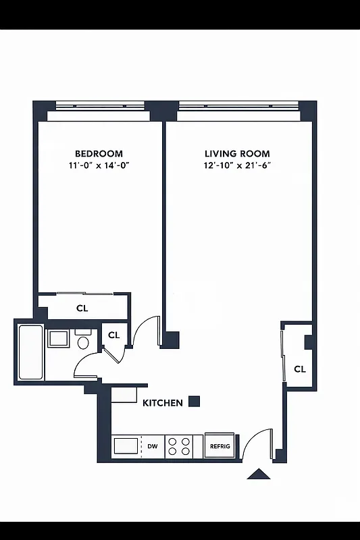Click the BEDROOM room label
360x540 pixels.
(99, 154)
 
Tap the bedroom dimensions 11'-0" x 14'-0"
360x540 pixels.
(99, 165)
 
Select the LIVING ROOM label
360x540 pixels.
(237, 154)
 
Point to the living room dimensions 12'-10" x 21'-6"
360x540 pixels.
(237, 165)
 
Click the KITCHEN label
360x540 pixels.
(162, 403)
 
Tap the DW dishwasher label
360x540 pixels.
(153, 446)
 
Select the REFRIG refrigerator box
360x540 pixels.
(220, 446)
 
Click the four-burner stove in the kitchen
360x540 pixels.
(179, 446)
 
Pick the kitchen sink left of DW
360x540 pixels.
(126, 446)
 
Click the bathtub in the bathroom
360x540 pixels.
(30, 352)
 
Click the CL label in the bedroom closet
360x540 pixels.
(82, 308)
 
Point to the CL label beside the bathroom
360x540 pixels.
(114, 335)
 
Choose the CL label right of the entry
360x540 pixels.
(300, 369)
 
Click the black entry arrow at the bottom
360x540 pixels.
(258, 474)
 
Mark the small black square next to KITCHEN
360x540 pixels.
(194, 401)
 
